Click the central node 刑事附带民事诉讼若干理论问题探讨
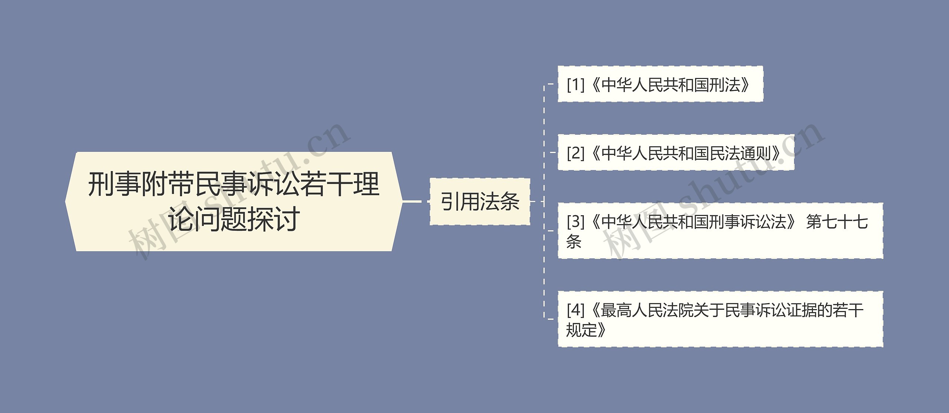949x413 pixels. click(234, 201)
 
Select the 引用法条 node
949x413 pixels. click(480, 201)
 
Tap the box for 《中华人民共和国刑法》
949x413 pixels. click(660, 84)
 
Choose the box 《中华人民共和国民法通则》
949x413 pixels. click(675, 153)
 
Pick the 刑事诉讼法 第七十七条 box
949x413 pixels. click(720, 231)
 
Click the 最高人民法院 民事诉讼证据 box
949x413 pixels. click(720, 319)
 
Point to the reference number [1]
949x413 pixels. click(575, 85)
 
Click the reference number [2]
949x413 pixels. click(575, 153)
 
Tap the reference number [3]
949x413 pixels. click(575, 222)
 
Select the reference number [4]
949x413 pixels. click(575, 310)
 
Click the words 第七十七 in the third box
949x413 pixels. click(837, 222)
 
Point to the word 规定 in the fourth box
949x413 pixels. click(582, 329)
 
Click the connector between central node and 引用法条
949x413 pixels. click(412, 201)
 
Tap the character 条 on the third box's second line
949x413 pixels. click(574, 241)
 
